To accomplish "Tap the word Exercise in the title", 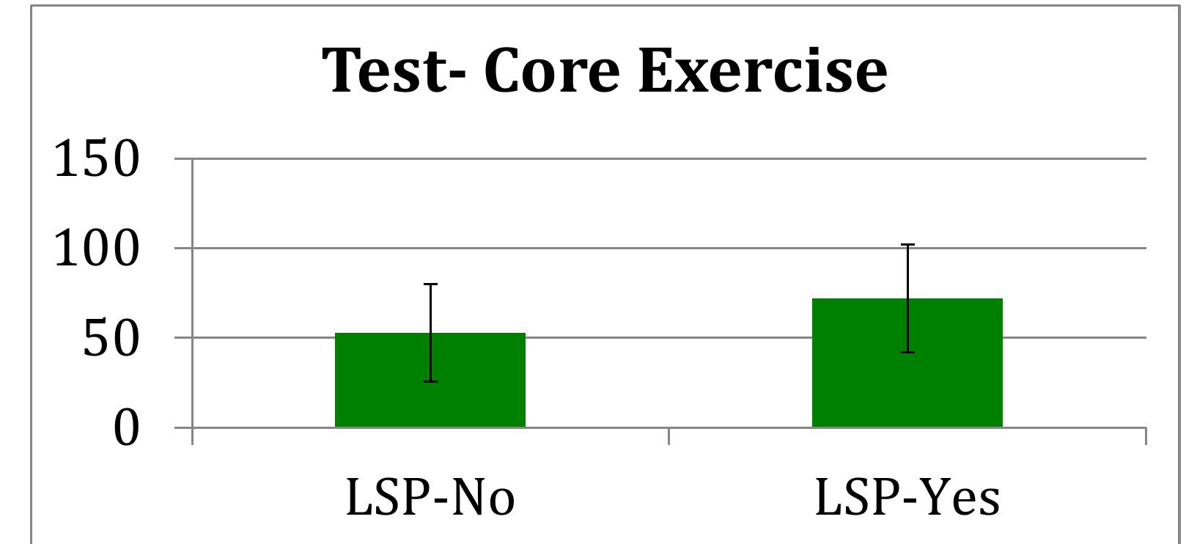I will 762,70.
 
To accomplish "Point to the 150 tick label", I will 96,159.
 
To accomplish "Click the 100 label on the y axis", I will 96,249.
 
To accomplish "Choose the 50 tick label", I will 110,339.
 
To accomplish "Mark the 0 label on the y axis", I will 125,428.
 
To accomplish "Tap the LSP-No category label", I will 430,498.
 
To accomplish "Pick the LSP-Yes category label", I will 907,498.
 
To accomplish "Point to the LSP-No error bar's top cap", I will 430,284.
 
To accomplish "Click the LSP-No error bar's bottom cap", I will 430,381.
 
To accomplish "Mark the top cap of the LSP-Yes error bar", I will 907,244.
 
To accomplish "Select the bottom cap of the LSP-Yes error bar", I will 907,353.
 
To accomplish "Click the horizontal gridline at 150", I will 660,158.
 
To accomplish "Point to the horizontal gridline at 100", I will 660,248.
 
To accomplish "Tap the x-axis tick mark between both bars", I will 669,436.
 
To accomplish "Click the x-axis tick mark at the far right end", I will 1145,436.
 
